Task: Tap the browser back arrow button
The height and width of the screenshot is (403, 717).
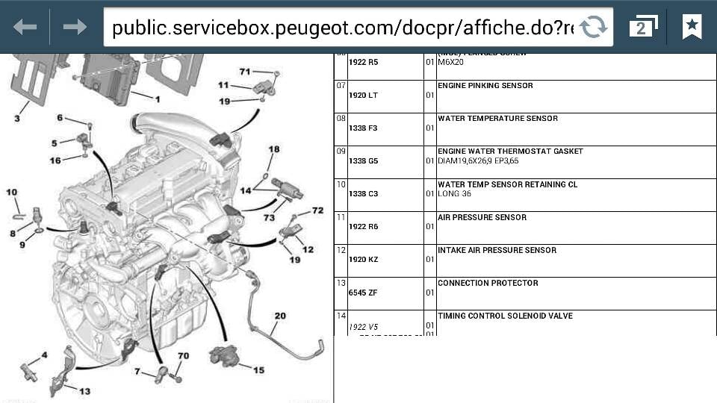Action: [x=25, y=28]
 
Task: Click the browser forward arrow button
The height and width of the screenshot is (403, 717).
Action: [x=75, y=28]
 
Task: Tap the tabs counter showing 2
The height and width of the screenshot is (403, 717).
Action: [x=642, y=28]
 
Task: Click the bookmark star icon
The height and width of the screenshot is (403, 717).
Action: [x=692, y=27]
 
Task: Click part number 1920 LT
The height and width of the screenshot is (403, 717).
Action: [x=363, y=96]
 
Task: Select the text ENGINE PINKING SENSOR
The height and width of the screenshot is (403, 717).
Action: [x=485, y=86]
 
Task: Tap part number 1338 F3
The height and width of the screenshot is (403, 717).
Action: [x=363, y=128]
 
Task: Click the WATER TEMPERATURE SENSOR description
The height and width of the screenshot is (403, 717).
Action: [x=497, y=119]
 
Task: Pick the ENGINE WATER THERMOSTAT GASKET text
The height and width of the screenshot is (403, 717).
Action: [x=510, y=151]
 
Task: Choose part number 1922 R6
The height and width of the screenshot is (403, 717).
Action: [x=363, y=227]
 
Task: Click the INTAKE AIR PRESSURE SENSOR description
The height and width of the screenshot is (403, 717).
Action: [x=497, y=250]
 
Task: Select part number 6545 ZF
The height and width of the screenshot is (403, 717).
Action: [x=363, y=293]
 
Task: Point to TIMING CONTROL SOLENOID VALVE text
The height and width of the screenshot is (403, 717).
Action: [x=505, y=316]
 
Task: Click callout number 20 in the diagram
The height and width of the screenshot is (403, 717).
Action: [x=279, y=316]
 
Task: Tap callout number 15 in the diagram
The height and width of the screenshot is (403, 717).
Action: [x=258, y=369]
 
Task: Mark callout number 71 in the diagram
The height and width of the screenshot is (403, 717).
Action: [x=245, y=72]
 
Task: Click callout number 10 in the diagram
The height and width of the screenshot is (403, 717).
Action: [x=12, y=193]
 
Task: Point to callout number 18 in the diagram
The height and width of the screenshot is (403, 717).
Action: [x=273, y=149]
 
